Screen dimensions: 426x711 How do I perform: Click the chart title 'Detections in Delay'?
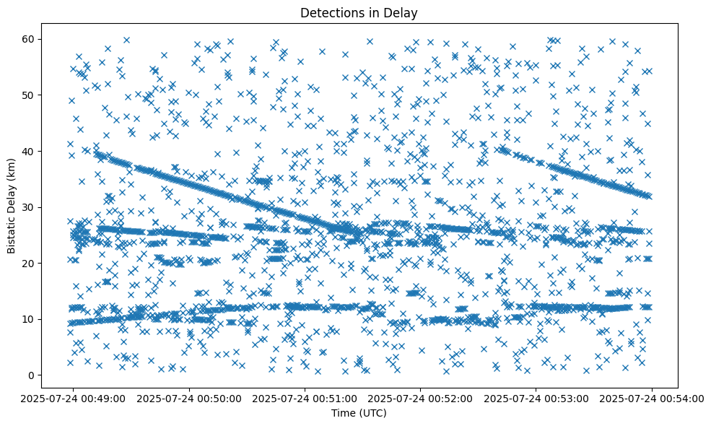coord(359,13)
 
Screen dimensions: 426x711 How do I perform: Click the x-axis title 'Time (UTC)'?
coord(359,413)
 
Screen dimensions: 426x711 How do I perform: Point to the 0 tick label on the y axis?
coord(32,375)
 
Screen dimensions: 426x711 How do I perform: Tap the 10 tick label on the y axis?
coord(29,319)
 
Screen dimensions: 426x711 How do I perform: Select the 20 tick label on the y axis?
coord(29,263)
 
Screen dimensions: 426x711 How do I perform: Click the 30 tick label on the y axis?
coord(29,207)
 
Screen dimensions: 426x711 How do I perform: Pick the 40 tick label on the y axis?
coord(29,151)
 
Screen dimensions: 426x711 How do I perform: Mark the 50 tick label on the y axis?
coord(29,95)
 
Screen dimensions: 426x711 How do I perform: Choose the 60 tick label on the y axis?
coord(29,39)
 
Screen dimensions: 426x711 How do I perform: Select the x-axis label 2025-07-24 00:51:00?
coord(303,398)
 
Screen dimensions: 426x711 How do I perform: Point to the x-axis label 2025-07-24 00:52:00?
coord(420,398)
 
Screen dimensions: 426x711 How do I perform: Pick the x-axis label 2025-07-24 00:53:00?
coord(536,398)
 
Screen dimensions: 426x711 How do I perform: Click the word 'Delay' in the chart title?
coord(403,13)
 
